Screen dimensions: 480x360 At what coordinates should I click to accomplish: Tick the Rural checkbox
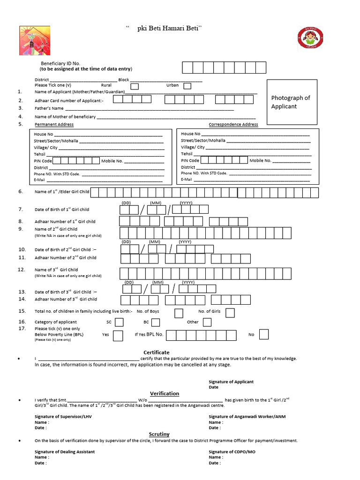pos(135,86)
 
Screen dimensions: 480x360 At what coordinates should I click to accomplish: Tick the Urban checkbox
pos(187,86)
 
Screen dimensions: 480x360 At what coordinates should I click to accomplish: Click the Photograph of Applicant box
pos(291,102)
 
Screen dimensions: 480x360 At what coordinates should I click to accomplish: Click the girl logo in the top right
pos(310,38)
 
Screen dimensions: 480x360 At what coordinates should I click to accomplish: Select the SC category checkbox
pos(120,322)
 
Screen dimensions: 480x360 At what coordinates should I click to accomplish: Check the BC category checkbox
pos(156,322)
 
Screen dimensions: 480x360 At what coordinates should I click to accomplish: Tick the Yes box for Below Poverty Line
pos(118,335)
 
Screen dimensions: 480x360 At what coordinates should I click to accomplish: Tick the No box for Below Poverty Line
pos(264,334)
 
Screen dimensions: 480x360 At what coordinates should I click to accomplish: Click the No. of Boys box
pos(179,313)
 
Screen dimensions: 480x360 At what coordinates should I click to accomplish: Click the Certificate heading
pos(156,352)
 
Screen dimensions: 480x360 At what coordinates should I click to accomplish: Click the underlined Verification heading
pos(164,393)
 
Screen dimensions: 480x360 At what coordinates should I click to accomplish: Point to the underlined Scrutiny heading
pos(159,434)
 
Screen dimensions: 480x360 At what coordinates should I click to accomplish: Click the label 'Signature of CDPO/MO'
pos(232,451)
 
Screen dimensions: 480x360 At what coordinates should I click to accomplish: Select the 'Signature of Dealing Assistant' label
pos(65,451)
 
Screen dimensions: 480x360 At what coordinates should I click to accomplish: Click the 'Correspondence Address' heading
pos(233,125)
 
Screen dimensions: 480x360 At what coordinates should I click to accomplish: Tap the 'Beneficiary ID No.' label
pos(60,63)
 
